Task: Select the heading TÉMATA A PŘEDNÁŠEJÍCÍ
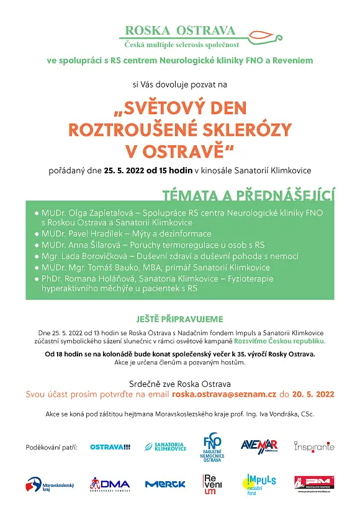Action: [x=248, y=196]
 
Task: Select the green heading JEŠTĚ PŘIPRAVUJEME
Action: [x=179, y=319]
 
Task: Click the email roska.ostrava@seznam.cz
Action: [x=224, y=394]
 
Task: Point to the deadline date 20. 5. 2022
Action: [x=313, y=394]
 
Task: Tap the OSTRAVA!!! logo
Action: [x=110, y=447]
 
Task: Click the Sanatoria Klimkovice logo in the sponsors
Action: [x=166, y=447]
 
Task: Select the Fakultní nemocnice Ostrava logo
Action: [x=212, y=446]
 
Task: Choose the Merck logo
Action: [x=165, y=484]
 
